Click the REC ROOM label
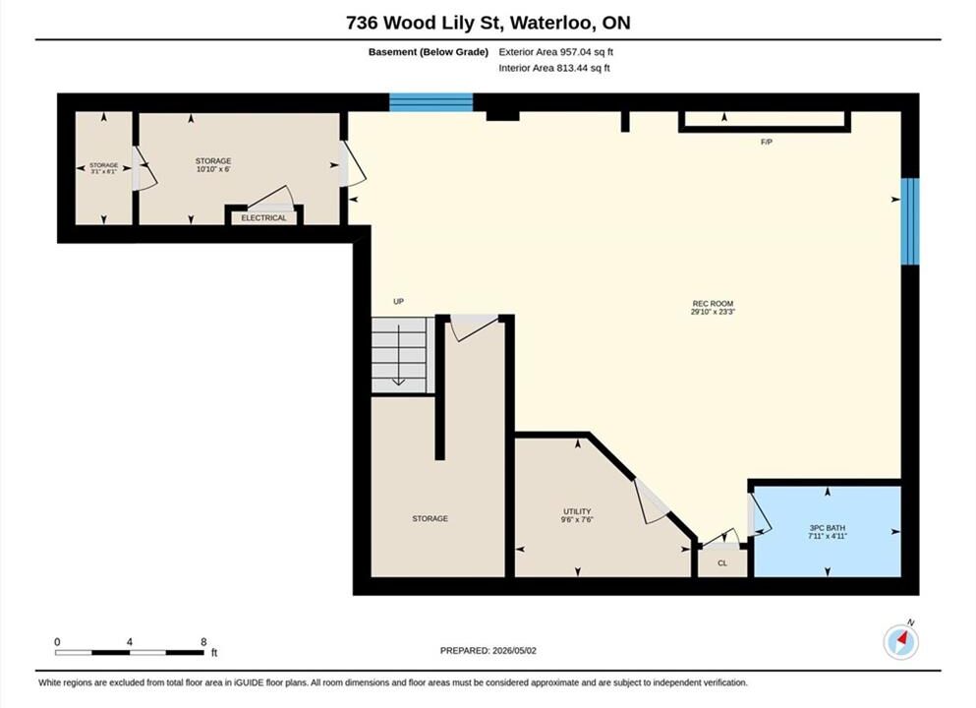pyautogui.click(x=713, y=303)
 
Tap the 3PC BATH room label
pyautogui.click(x=828, y=527)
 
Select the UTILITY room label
pyautogui.click(x=577, y=511)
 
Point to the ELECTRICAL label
pyautogui.click(x=264, y=218)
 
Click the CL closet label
pyautogui.click(x=722, y=562)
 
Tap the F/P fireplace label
pyautogui.click(x=767, y=142)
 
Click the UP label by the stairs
pyautogui.click(x=398, y=301)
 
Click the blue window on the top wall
pyautogui.click(x=431, y=102)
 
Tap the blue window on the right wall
pyautogui.click(x=910, y=221)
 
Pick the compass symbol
pyautogui.click(x=900, y=641)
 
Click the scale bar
pyautogui.click(x=130, y=653)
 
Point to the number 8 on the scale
pyautogui.click(x=203, y=642)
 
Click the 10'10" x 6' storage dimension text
pyautogui.click(x=213, y=169)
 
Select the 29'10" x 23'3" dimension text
pyautogui.click(x=713, y=312)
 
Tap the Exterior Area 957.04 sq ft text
pyautogui.click(x=556, y=52)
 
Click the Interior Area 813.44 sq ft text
pyautogui.click(x=554, y=68)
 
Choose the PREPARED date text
pyautogui.click(x=488, y=651)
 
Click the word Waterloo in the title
pyautogui.click(x=553, y=23)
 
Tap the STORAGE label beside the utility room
pyautogui.click(x=431, y=518)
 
